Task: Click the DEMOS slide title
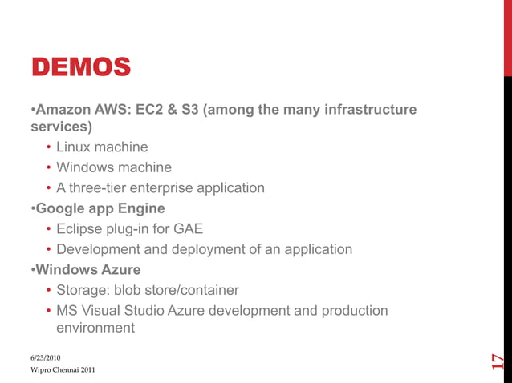(x=80, y=66)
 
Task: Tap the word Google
(x=61, y=208)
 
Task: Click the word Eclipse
(x=80, y=229)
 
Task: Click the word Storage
(x=83, y=290)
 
